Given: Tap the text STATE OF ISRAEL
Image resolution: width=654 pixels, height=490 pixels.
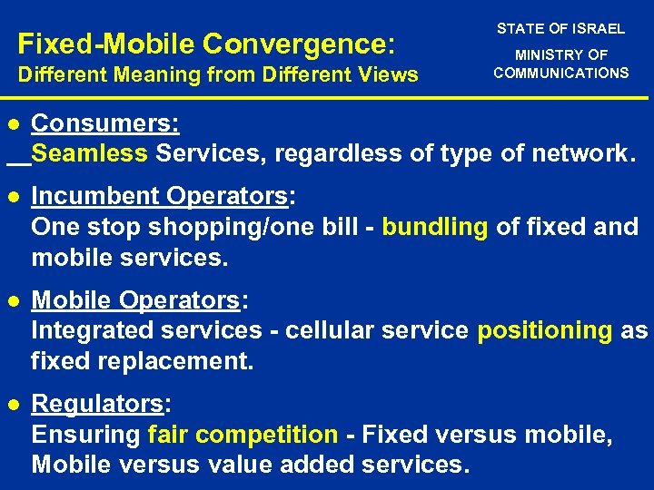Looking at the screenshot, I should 560,29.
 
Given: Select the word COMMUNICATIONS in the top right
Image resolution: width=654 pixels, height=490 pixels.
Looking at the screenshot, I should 560,73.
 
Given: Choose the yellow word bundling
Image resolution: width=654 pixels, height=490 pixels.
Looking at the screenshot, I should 434,227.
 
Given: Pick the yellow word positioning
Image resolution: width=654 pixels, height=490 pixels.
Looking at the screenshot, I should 545,330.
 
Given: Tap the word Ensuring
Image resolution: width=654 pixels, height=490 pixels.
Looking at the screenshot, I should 85,435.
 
